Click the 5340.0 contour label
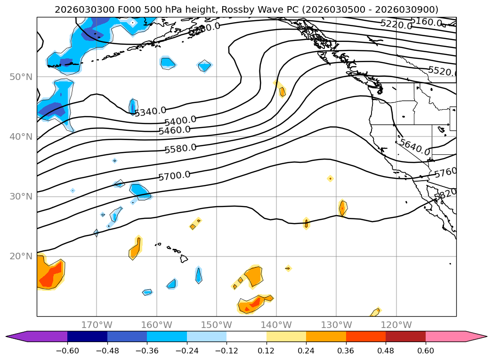click(150, 112)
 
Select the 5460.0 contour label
click(174, 130)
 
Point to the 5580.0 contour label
click(180, 148)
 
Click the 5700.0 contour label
click(174, 176)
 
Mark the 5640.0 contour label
click(414, 147)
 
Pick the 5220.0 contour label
click(396, 24)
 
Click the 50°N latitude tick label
click(21, 77)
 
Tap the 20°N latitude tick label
click(21, 256)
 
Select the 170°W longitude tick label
click(97, 325)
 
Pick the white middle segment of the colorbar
click(246, 336)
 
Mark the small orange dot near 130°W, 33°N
click(330, 178)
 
